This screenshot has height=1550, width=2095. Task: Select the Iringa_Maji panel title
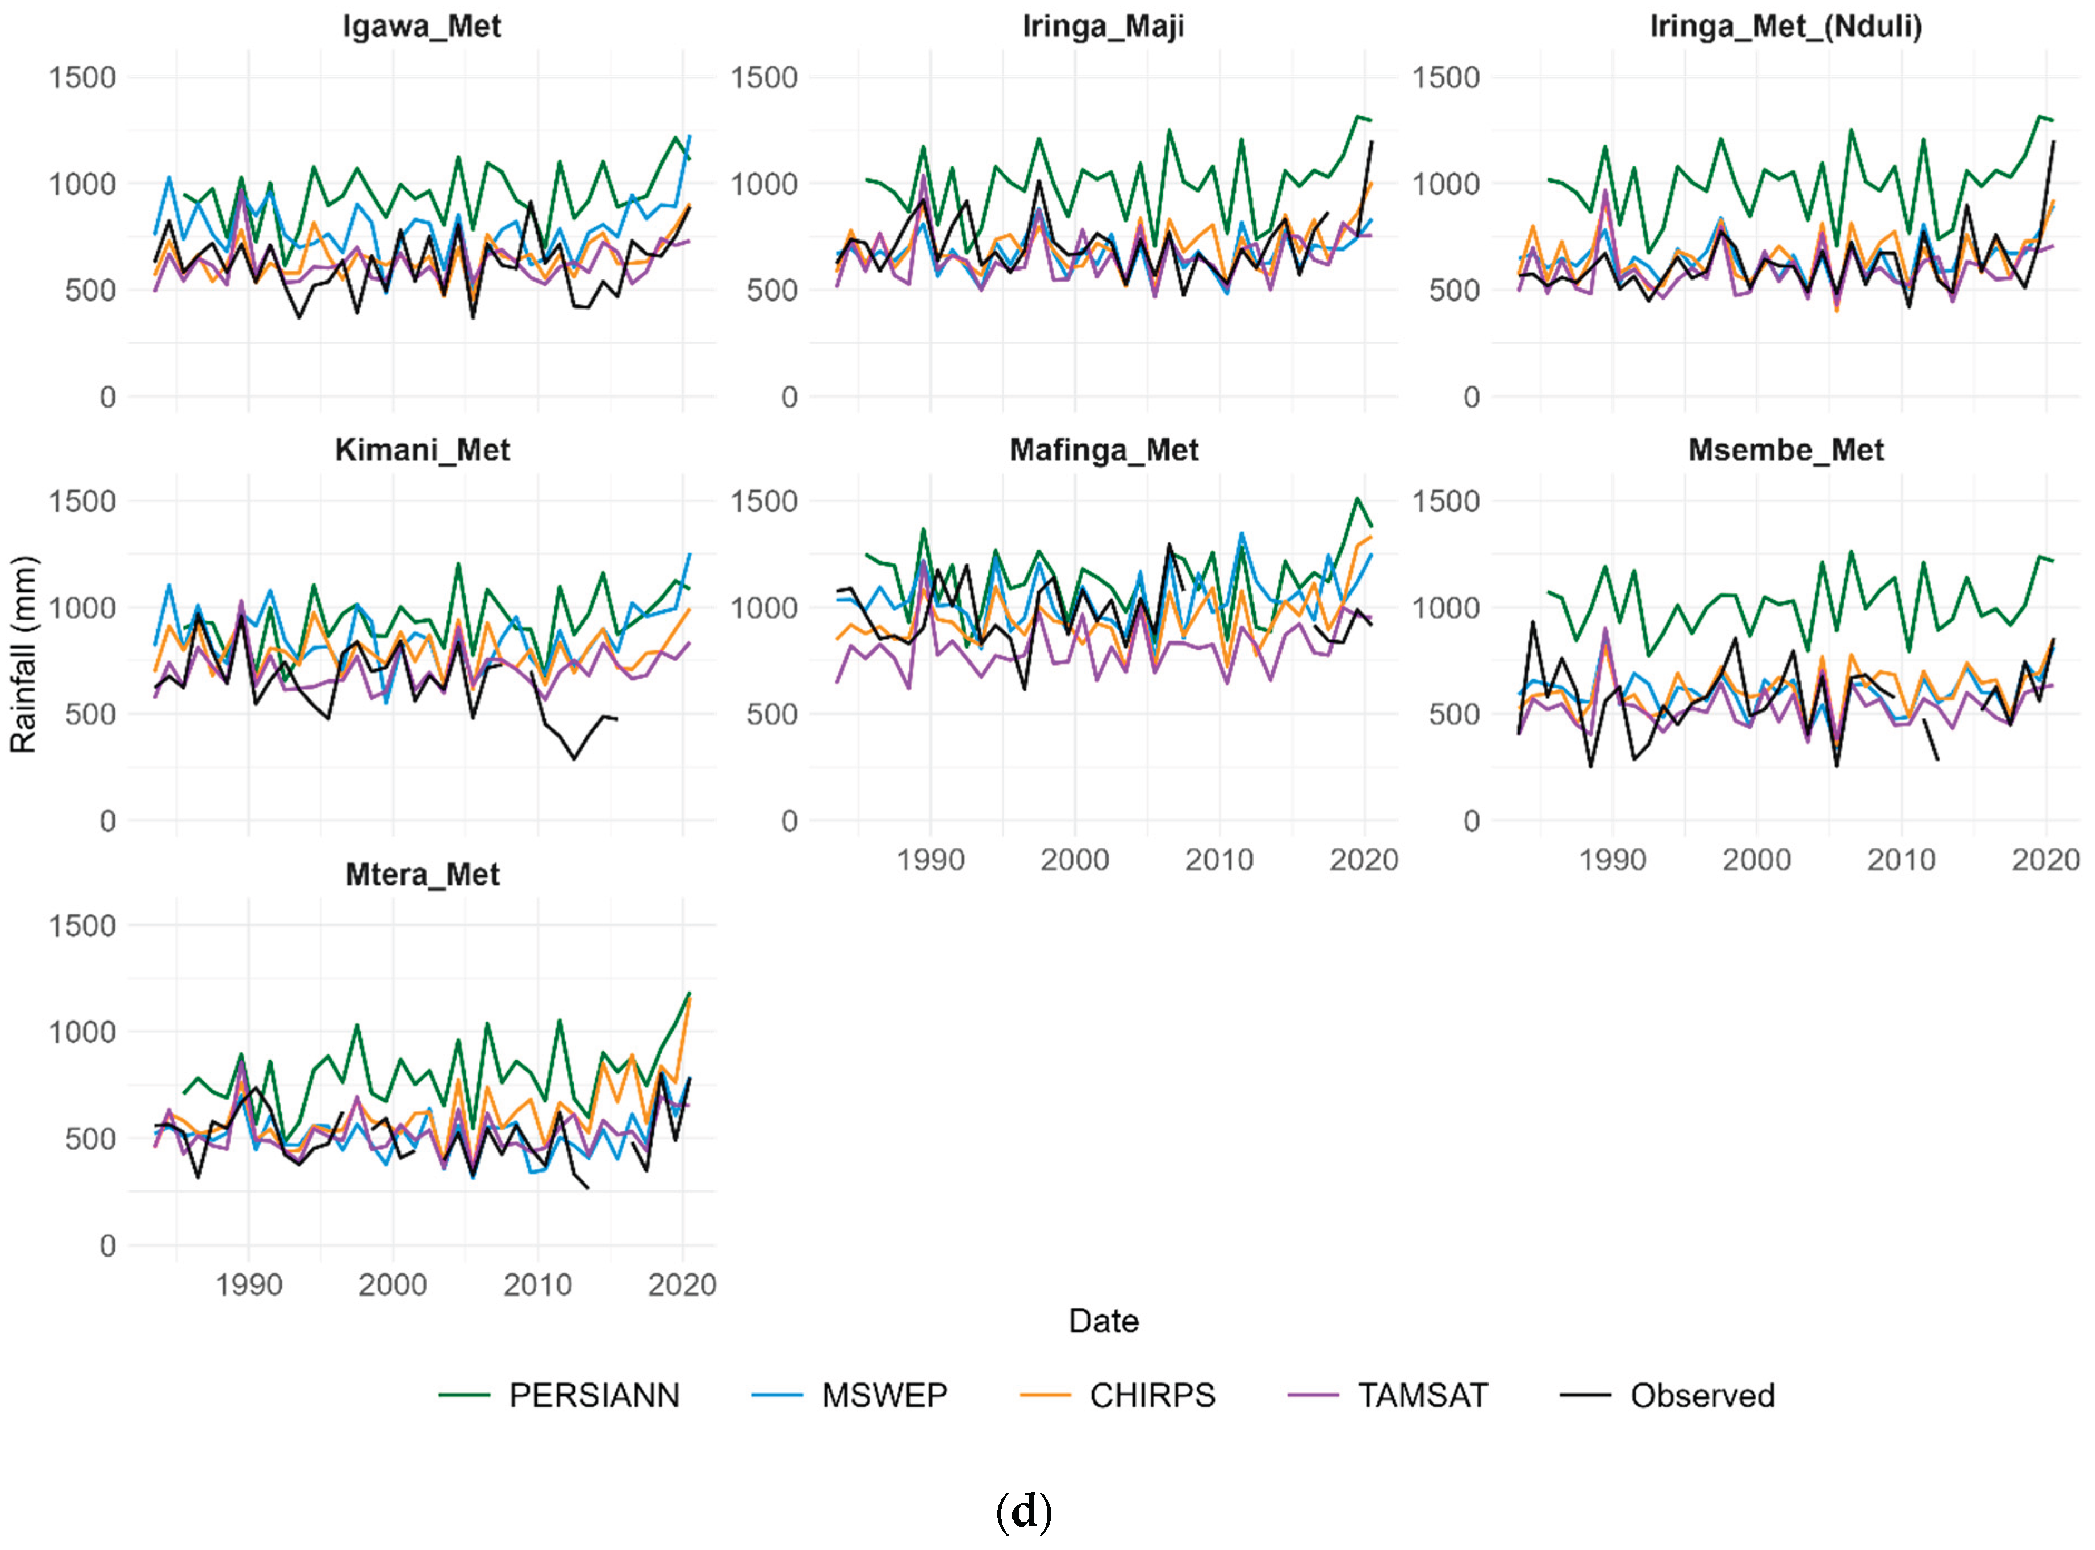click(x=1103, y=26)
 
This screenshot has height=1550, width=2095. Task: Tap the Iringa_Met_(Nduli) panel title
click(x=1785, y=26)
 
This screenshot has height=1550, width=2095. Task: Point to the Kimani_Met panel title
click(x=422, y=450)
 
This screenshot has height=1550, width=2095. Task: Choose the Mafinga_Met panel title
click(x=1103, y=450)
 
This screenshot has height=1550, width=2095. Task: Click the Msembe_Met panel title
click(x=1785, y=450)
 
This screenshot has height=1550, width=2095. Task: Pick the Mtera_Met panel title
click(x=422, y=875)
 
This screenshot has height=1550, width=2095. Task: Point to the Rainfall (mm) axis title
click(x=23, y=655)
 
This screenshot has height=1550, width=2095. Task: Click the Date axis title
click(x=1103, y=1321)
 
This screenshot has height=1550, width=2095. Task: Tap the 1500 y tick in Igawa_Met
click(x=82, y=77)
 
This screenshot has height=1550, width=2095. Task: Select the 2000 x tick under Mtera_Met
click(x=392, y=1284)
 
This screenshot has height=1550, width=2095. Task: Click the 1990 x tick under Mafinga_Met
click(x=930, y=860)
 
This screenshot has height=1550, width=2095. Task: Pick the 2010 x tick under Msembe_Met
click(x=1901, y=860)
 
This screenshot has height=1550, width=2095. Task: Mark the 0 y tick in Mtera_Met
click(x=108, y=1246)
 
